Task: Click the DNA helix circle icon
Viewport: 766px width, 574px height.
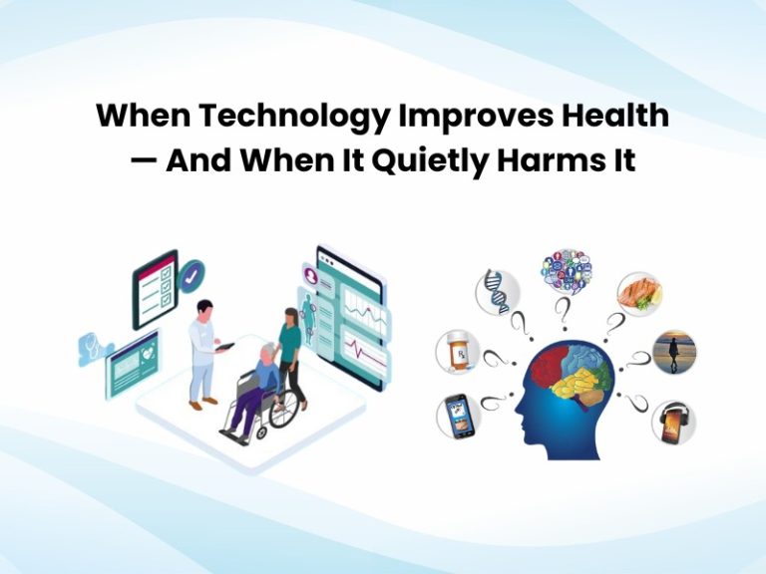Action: pyautogui.click(x=496, y=292)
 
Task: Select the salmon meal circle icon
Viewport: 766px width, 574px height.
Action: pyautogui.click(x=638, y=293)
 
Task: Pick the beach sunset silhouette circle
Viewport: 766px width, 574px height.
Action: pyautogui.click(x=674, y=352)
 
